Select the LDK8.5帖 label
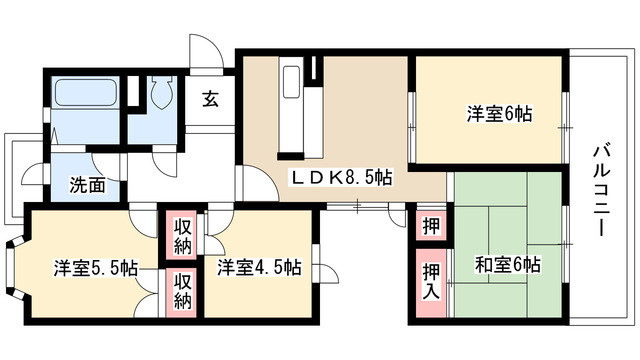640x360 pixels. tap(341, 177)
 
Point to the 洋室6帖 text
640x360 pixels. tap(498, 113)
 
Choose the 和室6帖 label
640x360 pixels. tap(508, 266)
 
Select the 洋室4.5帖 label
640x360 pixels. tap(258, 267)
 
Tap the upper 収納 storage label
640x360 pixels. tap(181, 233)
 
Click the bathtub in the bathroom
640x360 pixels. tap(84, 99)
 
